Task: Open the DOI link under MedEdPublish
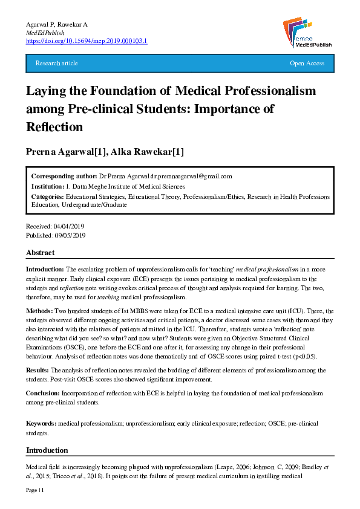pos(86,41)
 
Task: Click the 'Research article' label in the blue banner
pos(56,63)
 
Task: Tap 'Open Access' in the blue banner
pos(307,63)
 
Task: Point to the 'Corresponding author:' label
pos(59,176)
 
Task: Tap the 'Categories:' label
pos(48,197)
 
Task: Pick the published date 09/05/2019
pos(71,235)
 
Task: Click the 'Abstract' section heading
pos(41,253)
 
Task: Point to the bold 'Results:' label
pos(38,369)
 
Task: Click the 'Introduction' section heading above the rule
pos(47,450)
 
